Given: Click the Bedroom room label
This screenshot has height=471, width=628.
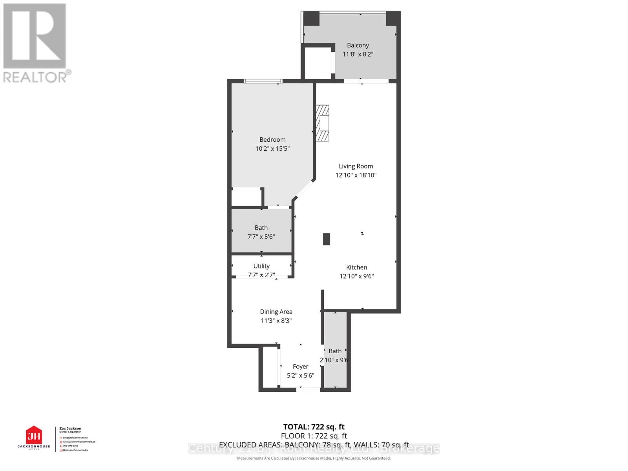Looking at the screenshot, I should pyautogui.click(x=272, y=140).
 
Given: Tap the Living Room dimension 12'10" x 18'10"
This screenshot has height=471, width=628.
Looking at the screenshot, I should pyautogui.click(x=356, y=175).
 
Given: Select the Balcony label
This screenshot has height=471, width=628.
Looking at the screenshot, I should pyautogui.click(x=358, y=46).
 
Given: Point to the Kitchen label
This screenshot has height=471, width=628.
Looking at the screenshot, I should pyautogui.click(x=356, y=267).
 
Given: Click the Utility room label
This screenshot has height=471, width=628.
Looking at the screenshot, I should pyautogui.click(x=261, y=266).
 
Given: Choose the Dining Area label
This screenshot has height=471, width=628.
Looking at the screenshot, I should pyautogui.click(x=276, y=312).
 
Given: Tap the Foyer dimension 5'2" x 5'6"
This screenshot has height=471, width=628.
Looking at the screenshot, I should pyautogui.click(x=300, y=376).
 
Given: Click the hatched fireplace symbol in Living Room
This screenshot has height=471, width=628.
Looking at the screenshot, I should pyautogui.click(x=322, y=123).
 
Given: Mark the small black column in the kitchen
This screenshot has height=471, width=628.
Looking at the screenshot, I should pyautogui.click(x=326, y=239).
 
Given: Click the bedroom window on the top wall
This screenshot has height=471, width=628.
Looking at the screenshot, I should pyautogui.click(x=263, y=82).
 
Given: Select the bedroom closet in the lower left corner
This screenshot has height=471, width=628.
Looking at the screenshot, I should pyautogui.click(x=246, y=197).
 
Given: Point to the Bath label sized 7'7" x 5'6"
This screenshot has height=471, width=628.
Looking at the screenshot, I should pyautogui.click(x=261, y=228).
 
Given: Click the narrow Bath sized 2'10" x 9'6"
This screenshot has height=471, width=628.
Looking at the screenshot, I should pyautogui.click(x=335, y=351).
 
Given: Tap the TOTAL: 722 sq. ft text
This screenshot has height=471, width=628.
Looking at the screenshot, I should pyautogui.click(x=314, y=427).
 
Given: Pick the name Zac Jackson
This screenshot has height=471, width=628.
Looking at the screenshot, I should pyautogui.click(x=70, y=429).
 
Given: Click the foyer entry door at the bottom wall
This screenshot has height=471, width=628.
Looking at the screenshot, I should pyautogui.click(x=308, y=389).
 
